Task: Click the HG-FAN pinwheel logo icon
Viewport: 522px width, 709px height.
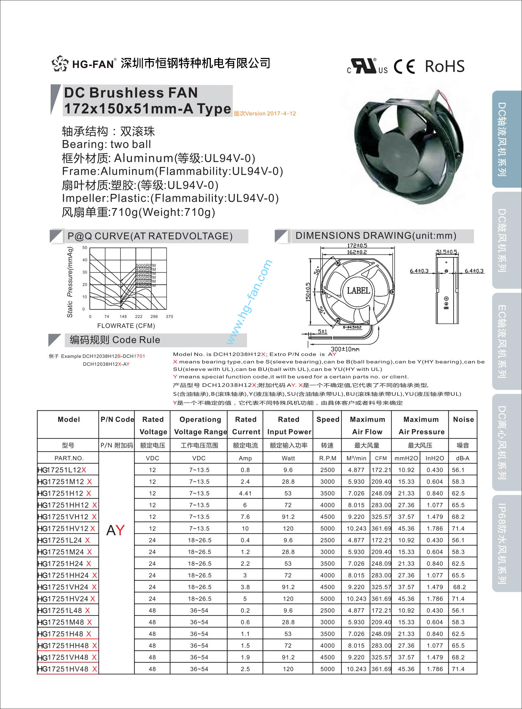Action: [60, 64]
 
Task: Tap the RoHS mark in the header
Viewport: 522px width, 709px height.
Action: [445, 66]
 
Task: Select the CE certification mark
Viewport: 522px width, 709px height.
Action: [404, 67]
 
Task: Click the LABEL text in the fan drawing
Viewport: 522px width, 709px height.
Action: [359, 291]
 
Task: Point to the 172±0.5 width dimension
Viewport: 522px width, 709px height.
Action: [357, 246]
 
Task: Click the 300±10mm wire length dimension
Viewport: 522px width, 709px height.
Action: [345, 349]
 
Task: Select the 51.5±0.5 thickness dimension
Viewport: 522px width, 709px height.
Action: [446, 252]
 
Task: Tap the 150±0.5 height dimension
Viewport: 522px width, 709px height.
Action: [308, 292]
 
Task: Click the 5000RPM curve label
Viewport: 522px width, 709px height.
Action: [146, 265]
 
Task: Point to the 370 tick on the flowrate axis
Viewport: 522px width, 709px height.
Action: [169, 317]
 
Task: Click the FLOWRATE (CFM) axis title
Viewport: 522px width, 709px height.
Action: [126, 326]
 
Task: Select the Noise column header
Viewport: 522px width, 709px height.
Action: [463, 419]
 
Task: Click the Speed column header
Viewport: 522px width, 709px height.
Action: [328, 419]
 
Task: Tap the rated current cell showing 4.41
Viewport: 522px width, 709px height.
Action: [245, 493]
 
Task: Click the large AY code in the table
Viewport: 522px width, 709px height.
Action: [116, 530]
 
